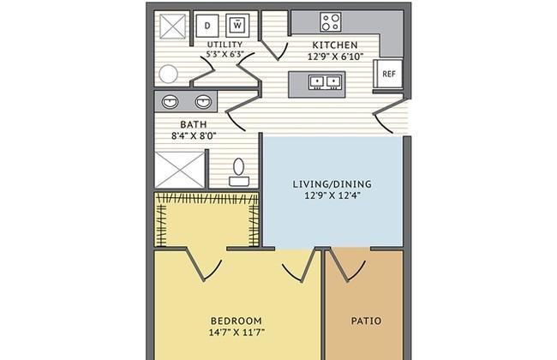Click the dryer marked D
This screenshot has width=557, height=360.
point(207,25)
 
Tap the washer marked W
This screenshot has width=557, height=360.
point(237,25)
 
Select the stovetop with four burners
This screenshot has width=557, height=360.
point(331,21)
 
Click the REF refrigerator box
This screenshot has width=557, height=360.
point(388,74)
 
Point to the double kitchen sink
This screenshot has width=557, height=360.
point(325,81)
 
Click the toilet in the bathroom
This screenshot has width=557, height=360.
point(239,173)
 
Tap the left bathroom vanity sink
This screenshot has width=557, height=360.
point(171,102)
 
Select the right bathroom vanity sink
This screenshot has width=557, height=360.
point(204,102)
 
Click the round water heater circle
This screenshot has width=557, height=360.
point(168,74)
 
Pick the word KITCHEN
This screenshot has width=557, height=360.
point(335,45)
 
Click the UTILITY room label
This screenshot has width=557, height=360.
point(225,45)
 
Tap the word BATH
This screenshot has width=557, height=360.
point(194,124)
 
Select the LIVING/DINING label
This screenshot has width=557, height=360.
point(332,184)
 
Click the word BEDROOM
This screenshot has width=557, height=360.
point(237,321)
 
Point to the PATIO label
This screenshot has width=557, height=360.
point(366,321)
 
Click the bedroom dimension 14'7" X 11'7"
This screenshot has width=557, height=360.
point(237,333)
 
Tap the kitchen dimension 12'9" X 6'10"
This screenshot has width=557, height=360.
point(335,57)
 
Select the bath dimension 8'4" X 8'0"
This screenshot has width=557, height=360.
point(194,135)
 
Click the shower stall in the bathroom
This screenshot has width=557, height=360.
point(180,170)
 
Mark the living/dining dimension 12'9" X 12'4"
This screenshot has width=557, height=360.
point(332,195)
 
